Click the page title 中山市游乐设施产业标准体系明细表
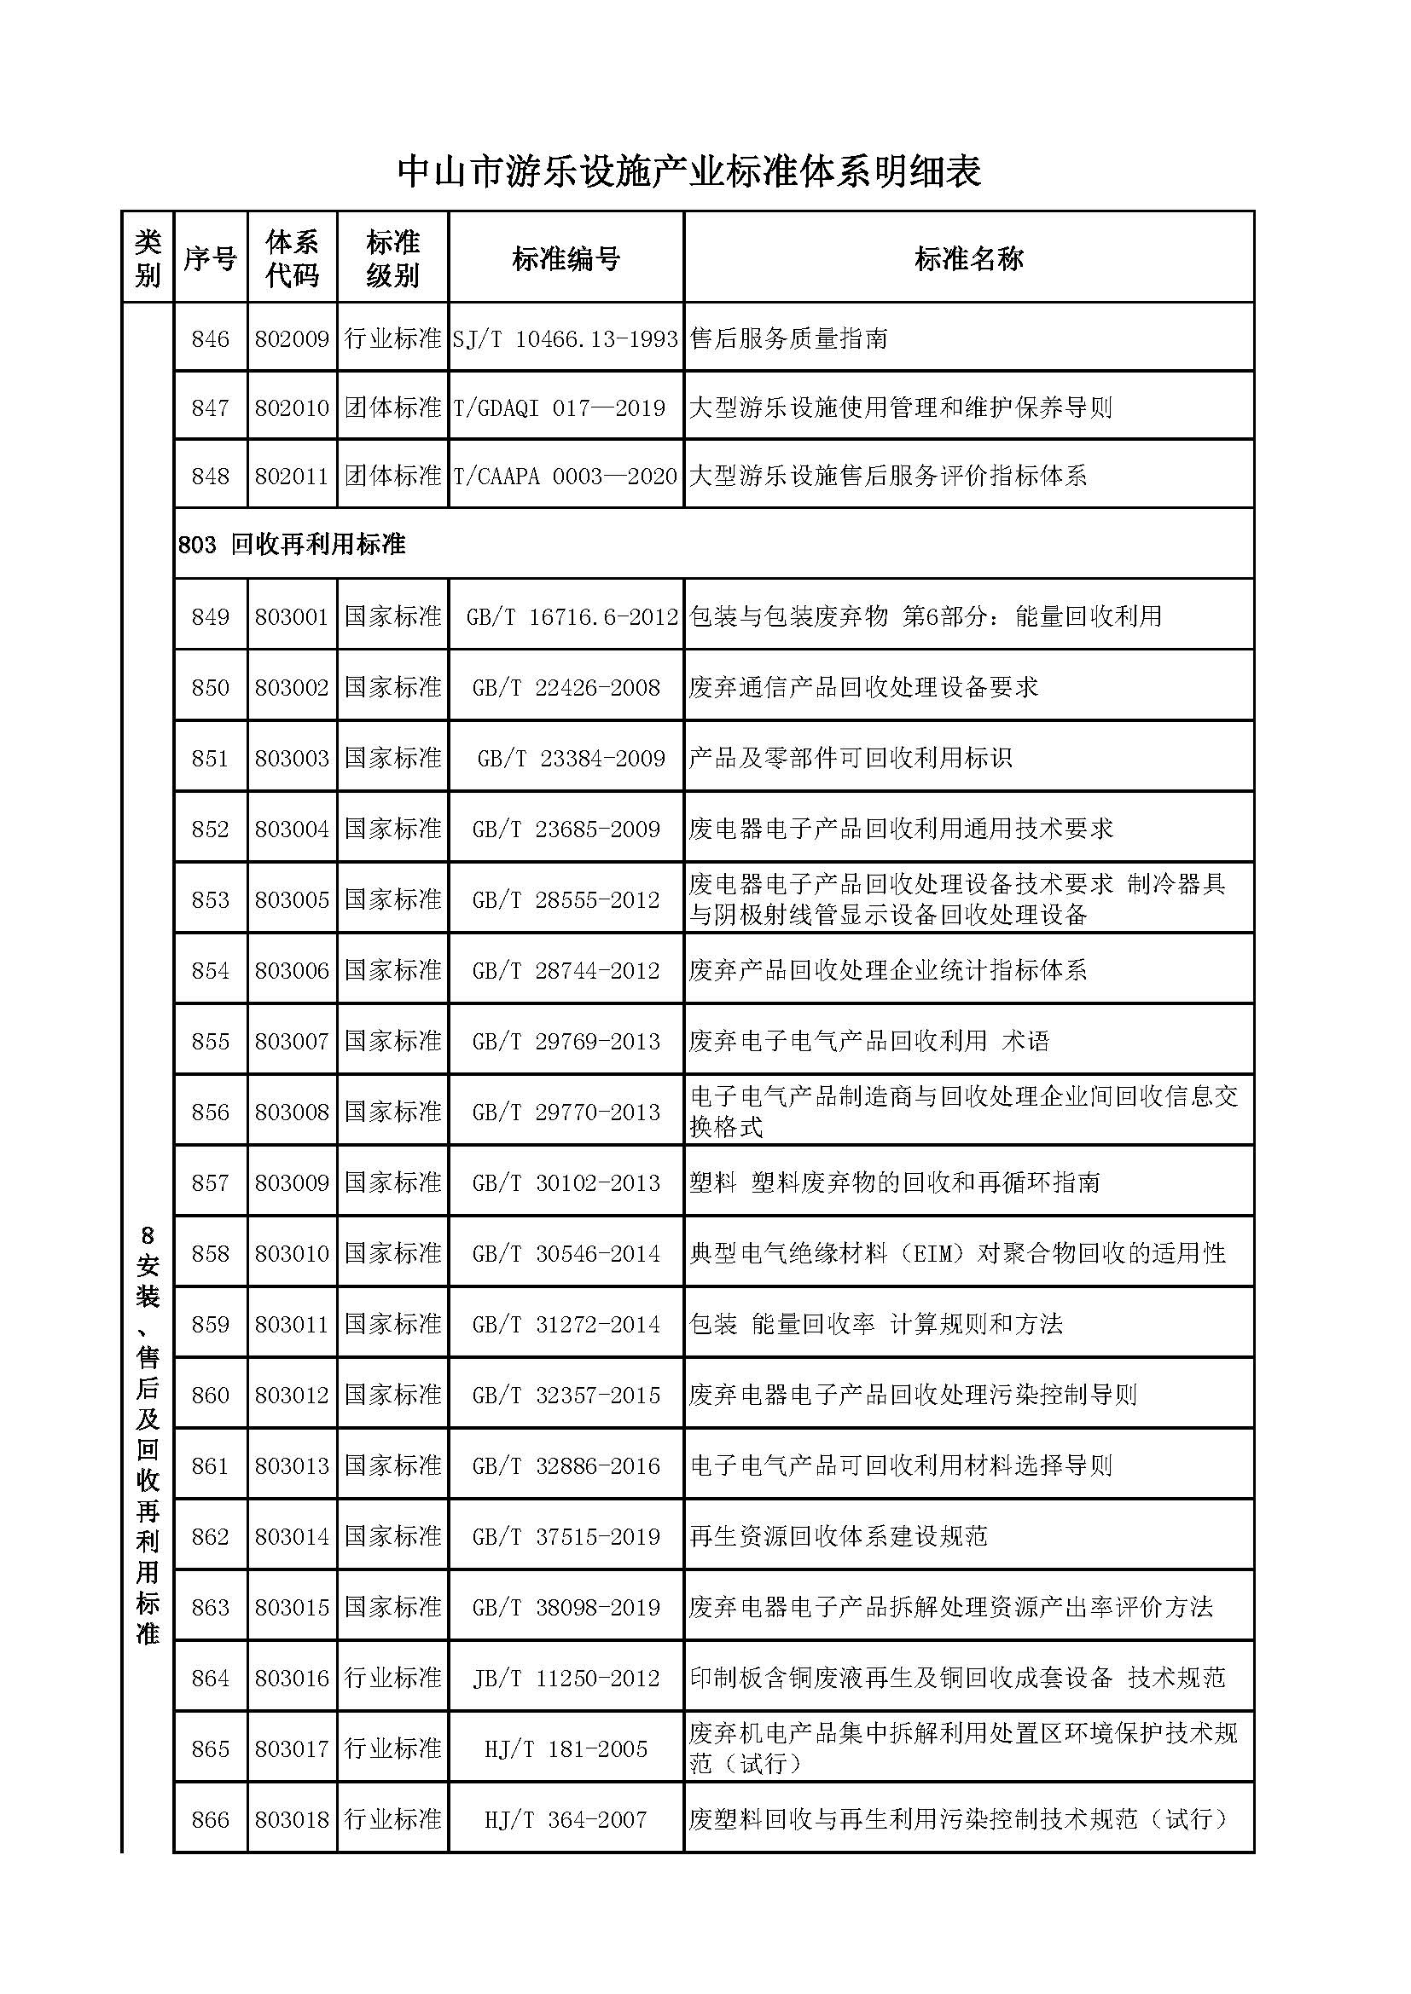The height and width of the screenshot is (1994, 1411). pos(689,172)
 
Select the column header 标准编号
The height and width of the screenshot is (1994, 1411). pos(566,259)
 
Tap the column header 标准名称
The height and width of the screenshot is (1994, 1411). pos(968,259)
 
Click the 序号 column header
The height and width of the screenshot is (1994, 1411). pos(210,259)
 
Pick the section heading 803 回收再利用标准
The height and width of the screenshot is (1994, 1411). pos(292,545)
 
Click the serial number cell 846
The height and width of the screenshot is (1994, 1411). pos(210,338)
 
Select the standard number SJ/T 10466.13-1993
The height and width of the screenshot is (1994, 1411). pos(566,338)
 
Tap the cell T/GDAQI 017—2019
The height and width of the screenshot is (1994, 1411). pos(560,407)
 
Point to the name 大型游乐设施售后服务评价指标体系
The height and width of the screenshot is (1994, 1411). pos(888,476)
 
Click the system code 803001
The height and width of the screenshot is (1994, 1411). pos(292,616)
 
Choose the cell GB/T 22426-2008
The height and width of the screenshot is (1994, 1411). pos(566,688)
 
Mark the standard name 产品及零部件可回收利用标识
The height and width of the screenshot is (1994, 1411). pos(851,758)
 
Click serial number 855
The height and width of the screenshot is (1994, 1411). pos(210,1041)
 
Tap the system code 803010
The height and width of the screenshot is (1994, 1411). pos(292,1253)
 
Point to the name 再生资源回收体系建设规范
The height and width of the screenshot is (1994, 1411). pos(839,1536)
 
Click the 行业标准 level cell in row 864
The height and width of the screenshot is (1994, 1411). pos(392,1678)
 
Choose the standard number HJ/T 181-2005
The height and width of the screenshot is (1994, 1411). pos(566,1748)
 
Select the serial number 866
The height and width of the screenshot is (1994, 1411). pos(210,1819)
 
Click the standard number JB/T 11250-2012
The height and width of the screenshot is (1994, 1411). pos(566,1678)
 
